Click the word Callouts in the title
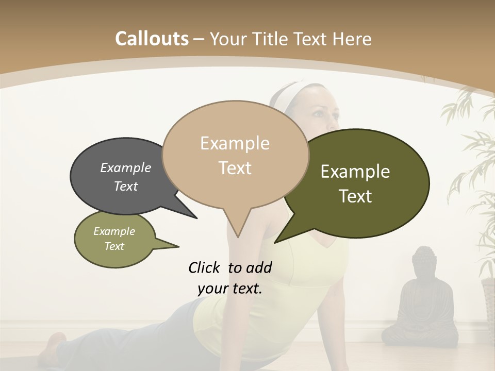click(x=152, y=39)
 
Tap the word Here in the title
click(x=351, y=39)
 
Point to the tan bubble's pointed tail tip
click(x=238, y=237)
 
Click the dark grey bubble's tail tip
click(x=196, y=218)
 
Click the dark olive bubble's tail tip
click(x=275, y=242)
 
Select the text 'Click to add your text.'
click(x=230, y=278)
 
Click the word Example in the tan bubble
click(x=235, y=143)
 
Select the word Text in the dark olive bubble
click(x=355, y=196)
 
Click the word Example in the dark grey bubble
click(x=125, y=167)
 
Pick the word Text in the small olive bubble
click(x=114, y=246)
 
